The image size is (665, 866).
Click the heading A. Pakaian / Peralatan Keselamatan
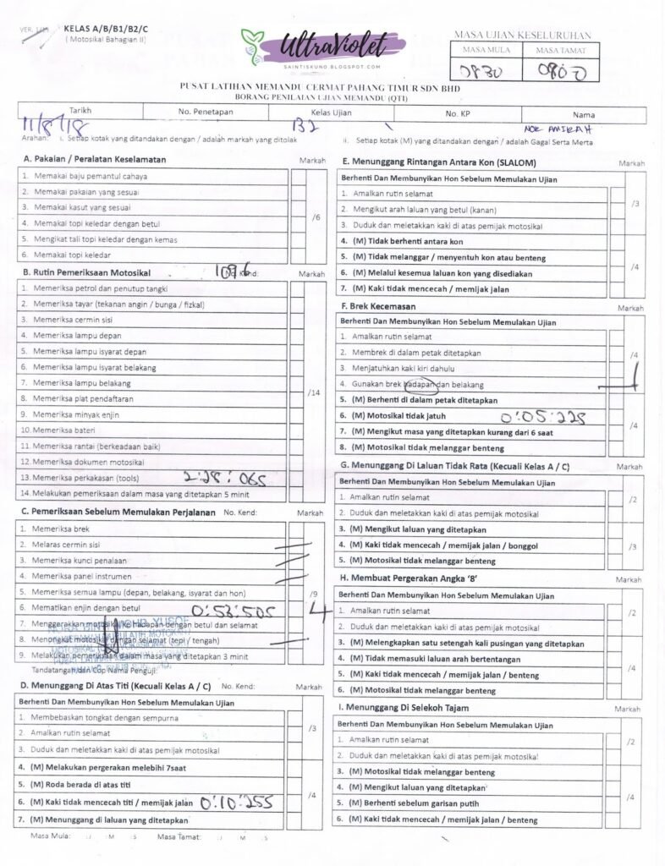[94, 159]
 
